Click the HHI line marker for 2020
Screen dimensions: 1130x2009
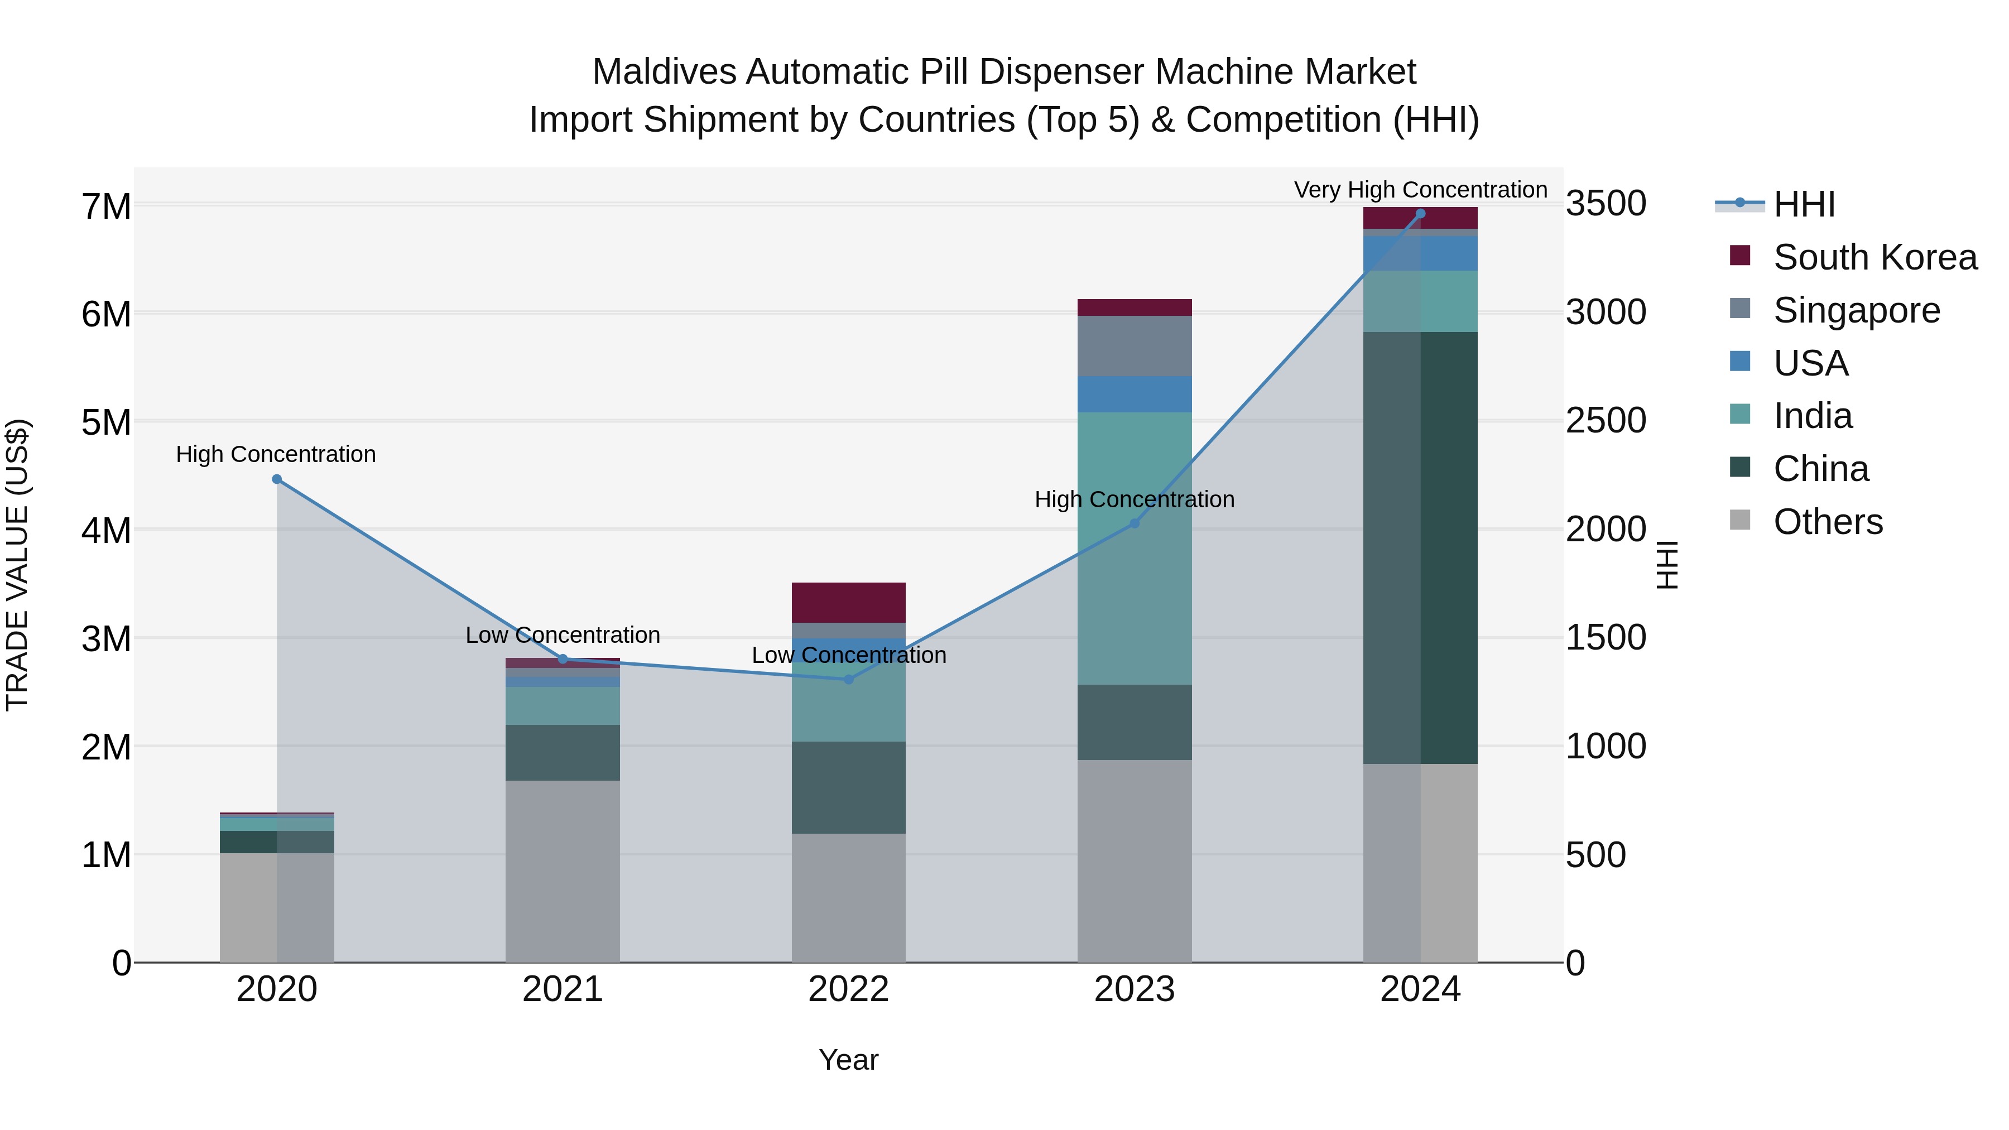(x=277, y=479)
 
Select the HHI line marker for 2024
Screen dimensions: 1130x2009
(x=1420, y=214)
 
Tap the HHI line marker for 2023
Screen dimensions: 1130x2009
(x=1135, y=523)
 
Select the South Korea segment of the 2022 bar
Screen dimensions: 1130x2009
(x=848, y=602)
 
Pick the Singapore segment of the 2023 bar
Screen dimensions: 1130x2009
(x=1135, y=345)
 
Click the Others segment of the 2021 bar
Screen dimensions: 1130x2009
(x=563, y=871)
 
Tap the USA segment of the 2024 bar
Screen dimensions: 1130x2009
(x=1420, y=253)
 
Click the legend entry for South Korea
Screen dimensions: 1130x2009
(x=1875, y=257)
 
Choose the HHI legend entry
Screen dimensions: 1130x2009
(x=1804, y=204)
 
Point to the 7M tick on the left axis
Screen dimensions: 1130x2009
(x=107, y=206)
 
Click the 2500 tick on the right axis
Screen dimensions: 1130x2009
(x=1605, y=421)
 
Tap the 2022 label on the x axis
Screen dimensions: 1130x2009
(x=848, y=989)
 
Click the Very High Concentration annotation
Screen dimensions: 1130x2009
(x=1420, y=190)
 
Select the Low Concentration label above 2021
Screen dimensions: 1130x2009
(x=563, y=635)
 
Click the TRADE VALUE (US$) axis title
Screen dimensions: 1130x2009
(x=18, y=565)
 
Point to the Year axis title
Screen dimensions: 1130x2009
(x=848, y=1060)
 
